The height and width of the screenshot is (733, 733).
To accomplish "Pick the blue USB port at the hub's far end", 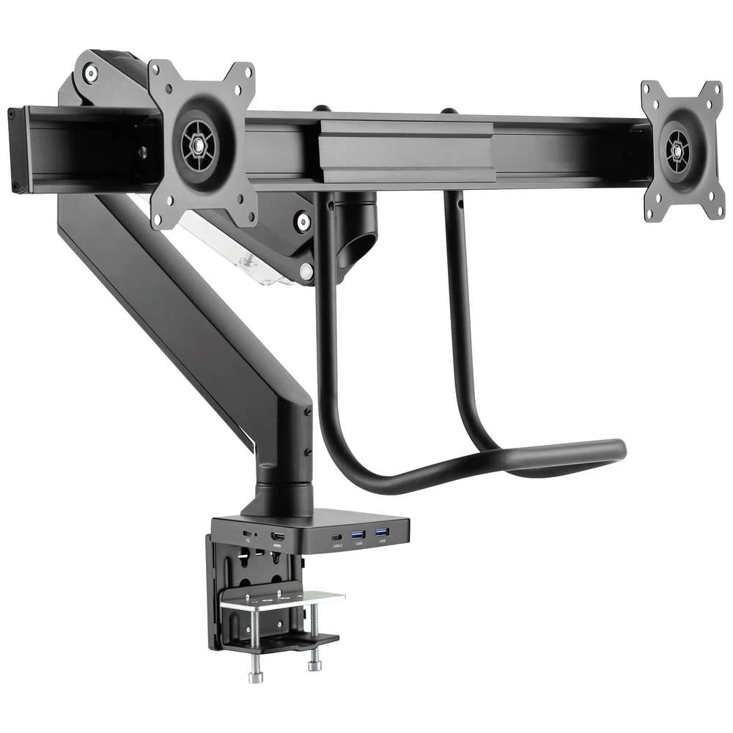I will coord(381,533).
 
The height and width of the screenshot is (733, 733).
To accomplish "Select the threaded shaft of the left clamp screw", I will coord(255,638).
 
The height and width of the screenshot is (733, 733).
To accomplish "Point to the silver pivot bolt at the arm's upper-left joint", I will coord(91,73).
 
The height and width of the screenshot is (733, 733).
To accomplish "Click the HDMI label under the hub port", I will coord(278,546).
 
